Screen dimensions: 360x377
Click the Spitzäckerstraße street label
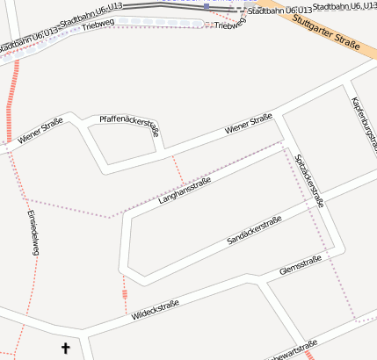(x=311, y=180)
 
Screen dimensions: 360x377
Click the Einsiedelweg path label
(x=33, y=233)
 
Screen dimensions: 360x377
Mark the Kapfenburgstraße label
(x=363, y=123)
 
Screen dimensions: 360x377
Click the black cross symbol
(x=65, y=349)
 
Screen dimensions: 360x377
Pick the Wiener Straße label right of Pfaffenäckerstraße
(x=249, y=123)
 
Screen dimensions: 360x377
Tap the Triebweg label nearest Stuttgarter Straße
(x=230, y=23)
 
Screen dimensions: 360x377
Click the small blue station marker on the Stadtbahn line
(x=206, y=5)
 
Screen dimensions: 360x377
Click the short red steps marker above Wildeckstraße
(x=125, y=292)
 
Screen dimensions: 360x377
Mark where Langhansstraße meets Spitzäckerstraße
(x=283, y=140)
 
